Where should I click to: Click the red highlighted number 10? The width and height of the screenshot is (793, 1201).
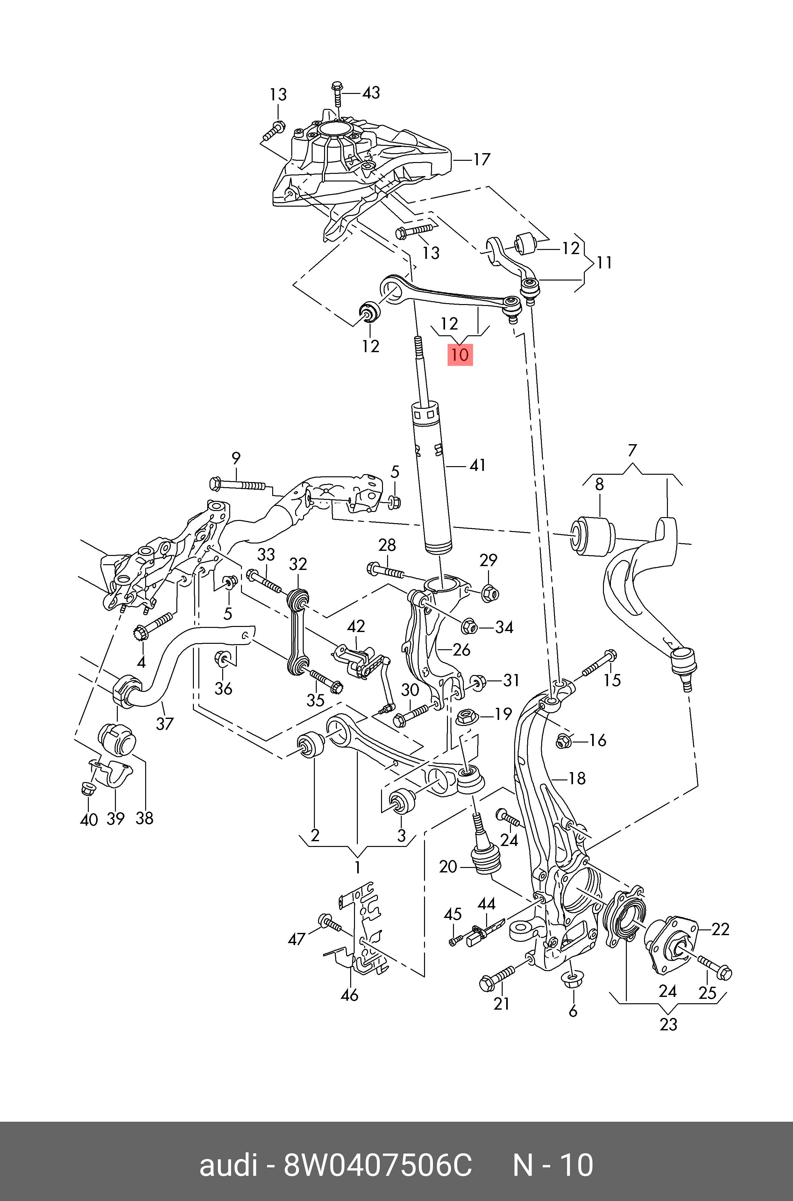(460, 354)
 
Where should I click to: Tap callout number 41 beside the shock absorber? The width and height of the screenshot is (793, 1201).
(478, 465)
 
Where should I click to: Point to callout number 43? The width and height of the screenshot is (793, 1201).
(371, 93)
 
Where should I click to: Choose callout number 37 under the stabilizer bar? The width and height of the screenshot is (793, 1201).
(164, 724)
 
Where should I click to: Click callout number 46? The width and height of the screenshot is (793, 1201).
(350, 995)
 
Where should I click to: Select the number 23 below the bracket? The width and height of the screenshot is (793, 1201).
(668, 1024)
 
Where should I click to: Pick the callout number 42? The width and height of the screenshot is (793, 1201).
(356, 627)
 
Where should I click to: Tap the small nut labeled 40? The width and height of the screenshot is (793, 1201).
(89, 787)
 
